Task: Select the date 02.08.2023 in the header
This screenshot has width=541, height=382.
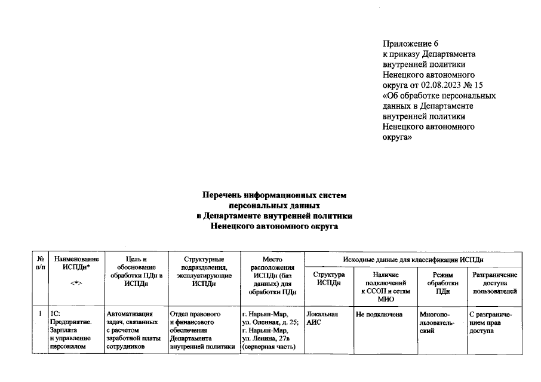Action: click(442, 85)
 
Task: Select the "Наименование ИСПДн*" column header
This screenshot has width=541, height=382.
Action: click(76, 263)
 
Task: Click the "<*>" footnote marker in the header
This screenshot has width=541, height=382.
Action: click(76, 283)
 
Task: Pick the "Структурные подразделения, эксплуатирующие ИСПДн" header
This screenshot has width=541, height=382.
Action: click(204, 272)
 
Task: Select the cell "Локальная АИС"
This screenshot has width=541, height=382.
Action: click(322, 318)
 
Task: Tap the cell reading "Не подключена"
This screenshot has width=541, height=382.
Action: click(379, 314)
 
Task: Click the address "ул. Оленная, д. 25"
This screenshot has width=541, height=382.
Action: click(269, 322)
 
